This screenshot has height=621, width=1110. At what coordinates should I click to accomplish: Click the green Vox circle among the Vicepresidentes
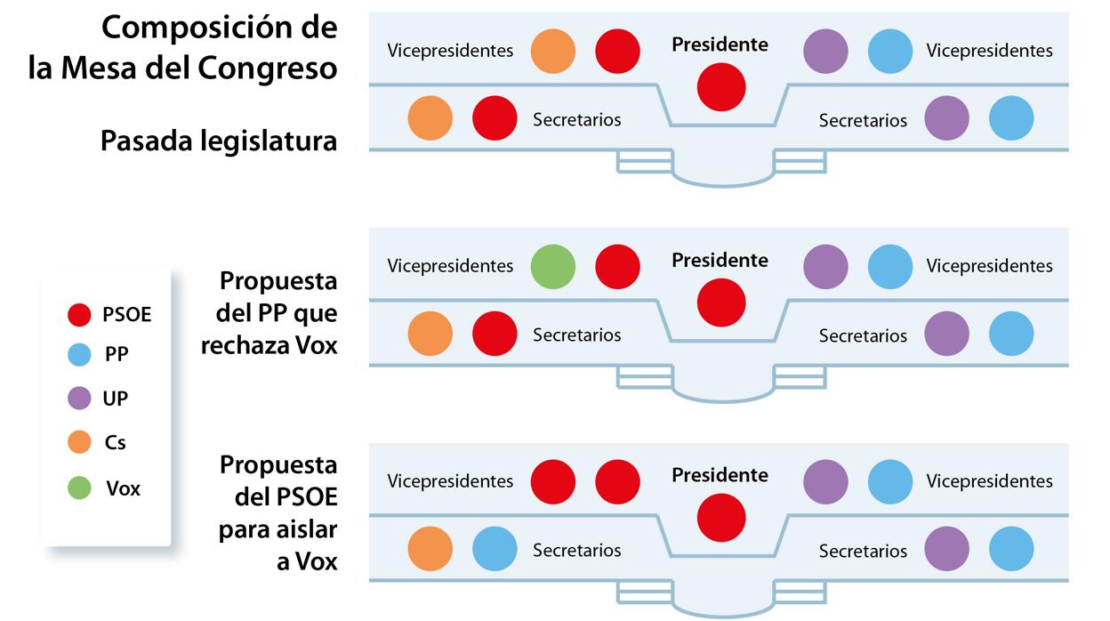pyautogui.click(x=553, y=266)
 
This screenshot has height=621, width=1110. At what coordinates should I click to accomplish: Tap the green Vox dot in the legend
pyautogui.click(x=79, y=488)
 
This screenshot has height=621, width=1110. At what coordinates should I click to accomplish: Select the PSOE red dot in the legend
pyautogui.click(x=79, y=314)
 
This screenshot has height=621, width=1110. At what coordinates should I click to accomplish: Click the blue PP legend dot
pyautogui.click(x=79, y=355)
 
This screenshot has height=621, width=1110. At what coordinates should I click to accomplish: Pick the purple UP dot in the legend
pyautogui.click(x=79, y=399)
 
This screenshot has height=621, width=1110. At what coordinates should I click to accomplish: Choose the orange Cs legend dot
pyautogui.click(x=79, y=442)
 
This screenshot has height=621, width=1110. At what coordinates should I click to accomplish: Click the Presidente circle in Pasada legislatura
pyautogui.click(x=720, y=87)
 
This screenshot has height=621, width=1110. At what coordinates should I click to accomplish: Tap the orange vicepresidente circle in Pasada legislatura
pyautogui.click(x=553, y=51)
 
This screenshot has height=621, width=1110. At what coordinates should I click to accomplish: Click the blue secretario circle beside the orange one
pyautogui.click(x=495, y=549)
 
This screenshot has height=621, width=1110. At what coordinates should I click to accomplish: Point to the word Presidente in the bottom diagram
pyautogui.click(x=720, y=476)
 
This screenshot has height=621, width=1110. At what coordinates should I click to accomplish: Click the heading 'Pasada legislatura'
pyautogui.click(x=219, y=141)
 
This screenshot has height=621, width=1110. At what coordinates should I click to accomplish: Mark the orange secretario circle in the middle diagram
pyautogui.click(x=430, y=334)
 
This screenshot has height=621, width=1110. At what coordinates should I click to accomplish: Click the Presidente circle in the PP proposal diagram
pyautogui.click(x=720, y=302)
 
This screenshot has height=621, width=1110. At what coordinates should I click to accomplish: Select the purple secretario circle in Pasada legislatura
pyautogui.click(x=947, y=118)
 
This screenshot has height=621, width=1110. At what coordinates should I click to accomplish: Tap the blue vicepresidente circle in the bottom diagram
pyautogui.click(x=890, y=481)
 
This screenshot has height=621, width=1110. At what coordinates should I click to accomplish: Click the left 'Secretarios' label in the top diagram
pyautogui.click(x=576, y=119)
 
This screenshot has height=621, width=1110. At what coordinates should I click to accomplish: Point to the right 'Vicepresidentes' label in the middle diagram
pyautogui.click(x=989, y=266)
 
